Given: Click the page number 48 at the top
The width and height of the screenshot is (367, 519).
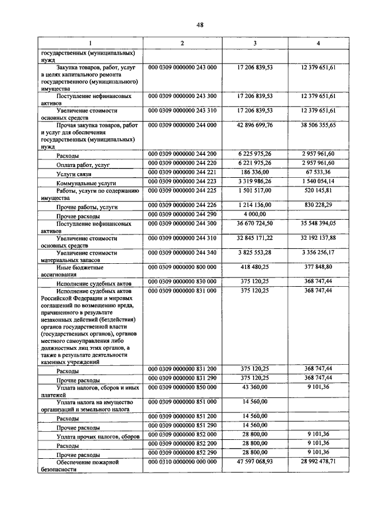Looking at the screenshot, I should click(x=183, y=25).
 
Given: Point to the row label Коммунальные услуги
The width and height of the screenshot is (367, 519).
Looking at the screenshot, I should click(x=87, y=182).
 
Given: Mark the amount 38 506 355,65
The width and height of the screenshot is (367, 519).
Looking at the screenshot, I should click(x=319, y=124).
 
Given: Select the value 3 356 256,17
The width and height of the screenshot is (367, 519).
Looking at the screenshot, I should click(x=319, y=252).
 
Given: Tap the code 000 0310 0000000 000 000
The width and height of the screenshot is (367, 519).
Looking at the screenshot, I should click(x=182, y=461).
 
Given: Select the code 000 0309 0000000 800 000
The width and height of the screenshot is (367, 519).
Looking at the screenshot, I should click(x=182, y=267).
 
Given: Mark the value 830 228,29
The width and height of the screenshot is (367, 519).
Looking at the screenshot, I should click(x=319, y=204).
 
